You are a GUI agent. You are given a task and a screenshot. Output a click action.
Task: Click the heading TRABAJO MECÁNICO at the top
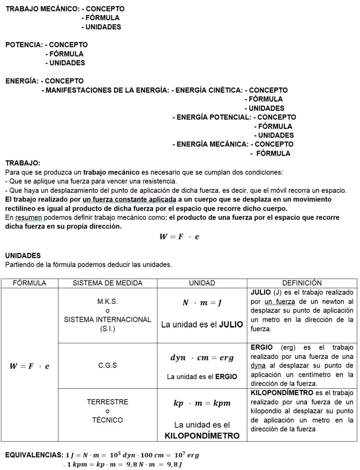click(39, 9)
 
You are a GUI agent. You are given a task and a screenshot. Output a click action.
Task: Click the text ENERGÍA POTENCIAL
click(211, 117)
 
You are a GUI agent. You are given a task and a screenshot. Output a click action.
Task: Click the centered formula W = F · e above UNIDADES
click(179, 237)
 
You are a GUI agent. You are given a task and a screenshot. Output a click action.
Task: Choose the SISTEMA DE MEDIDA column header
click(107, 283)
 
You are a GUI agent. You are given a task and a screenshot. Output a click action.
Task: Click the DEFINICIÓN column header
click(302, 283)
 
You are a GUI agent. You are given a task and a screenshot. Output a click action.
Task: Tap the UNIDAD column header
click(202, 283)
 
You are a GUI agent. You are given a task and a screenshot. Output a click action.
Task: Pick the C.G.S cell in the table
click(107, 366)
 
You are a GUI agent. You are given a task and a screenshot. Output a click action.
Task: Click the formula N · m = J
click(202, 303)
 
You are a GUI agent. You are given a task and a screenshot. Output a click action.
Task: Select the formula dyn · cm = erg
click(202, 358)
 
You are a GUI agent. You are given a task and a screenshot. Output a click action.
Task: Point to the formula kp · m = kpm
click(202, 403)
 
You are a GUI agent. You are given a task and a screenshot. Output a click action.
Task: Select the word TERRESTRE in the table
click(107, 402)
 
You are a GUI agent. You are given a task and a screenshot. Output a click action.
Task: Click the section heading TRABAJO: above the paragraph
click(23, 163)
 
